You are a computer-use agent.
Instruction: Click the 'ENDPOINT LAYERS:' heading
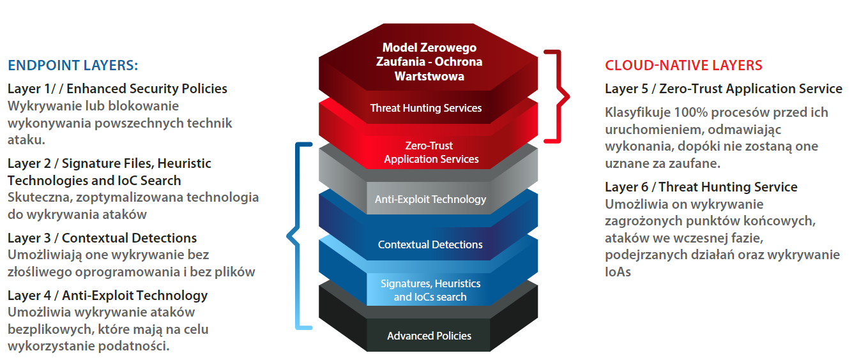(73, 65)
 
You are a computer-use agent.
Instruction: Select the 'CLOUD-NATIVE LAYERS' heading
(683, 65)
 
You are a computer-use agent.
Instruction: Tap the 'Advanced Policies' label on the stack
(429, 336)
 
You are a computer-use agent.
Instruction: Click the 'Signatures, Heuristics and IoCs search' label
(430, 290)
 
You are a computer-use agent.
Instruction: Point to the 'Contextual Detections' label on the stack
(430, 244)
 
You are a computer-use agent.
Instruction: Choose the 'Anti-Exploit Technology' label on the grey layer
(430, 199)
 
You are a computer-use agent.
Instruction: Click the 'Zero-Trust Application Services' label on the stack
(431, 152)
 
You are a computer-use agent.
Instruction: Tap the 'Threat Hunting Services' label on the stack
(426, 108)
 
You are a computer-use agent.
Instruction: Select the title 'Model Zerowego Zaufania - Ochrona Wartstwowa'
(429, 62)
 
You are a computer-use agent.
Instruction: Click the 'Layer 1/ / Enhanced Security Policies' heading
(118, 89)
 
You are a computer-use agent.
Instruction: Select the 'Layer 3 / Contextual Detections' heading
(102, 238)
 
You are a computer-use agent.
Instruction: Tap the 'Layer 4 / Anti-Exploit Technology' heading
(107, 296)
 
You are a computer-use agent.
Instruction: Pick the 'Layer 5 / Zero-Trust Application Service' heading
(724, 89)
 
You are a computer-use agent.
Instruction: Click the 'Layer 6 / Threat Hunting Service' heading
(701, 187)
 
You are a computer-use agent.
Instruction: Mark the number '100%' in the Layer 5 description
(691, 112)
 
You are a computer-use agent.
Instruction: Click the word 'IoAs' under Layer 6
(618, 272)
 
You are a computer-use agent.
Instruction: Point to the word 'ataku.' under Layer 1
(26, 140)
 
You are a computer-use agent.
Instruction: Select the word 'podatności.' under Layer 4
(133, 346)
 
